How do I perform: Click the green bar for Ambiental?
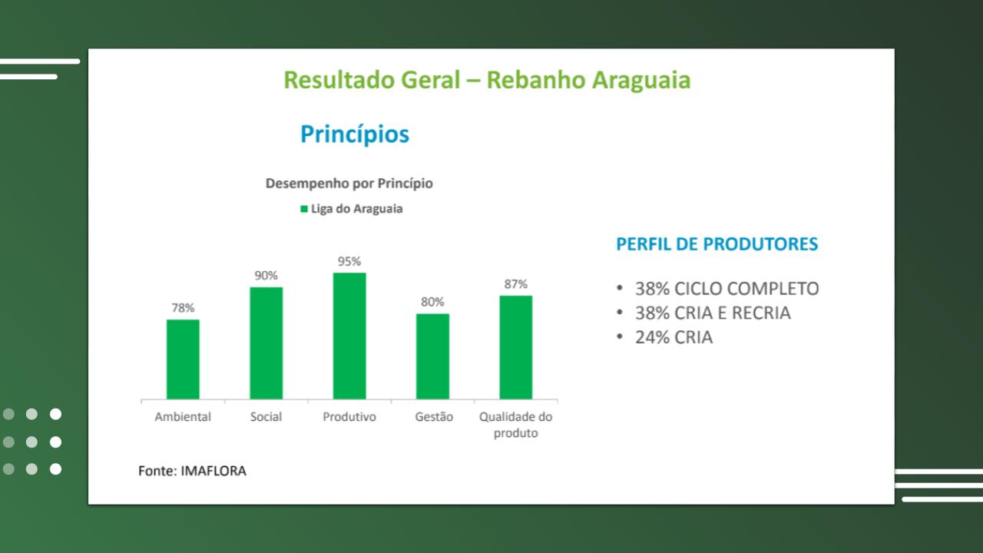[x=183, y=359]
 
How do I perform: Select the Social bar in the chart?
[x=266, y=343]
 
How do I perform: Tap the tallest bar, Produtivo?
[x=349, y=336]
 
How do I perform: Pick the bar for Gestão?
[x=432, y=356]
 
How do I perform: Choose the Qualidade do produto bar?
[x=515, y=348]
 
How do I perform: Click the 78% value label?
[x=183, y=308]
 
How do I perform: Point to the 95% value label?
[x=349, y=262]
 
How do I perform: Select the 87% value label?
[x=515, y=284]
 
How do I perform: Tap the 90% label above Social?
[x=266, y=276]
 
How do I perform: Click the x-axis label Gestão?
[x=434, y=416]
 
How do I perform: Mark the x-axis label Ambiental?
[x=183, y=416]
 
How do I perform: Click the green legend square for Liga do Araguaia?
[x=303, y=209]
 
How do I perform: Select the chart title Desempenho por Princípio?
[x=349, y=183]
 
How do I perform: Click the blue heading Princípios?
[x=355, y=134]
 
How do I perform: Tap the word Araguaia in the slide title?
[x=641, y=81]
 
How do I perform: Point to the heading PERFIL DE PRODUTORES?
[x=717, y=244]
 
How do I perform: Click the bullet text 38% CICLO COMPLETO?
[x=726, y=289]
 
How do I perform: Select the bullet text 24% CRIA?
[x=674, y=337]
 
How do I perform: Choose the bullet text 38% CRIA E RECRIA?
[x=713, y=313]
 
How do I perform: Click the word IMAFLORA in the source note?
[x=213, y=471]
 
